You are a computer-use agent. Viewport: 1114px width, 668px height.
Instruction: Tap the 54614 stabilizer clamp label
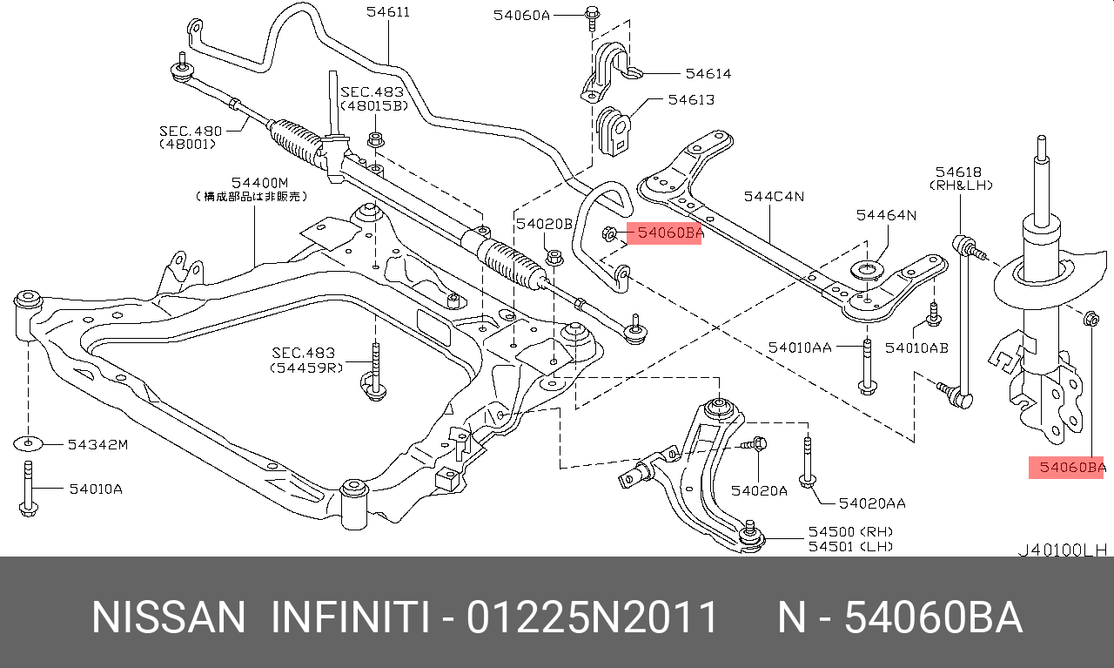pyautogui.click(x=708, y=74)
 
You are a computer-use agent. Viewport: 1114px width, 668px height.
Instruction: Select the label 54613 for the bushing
pyautogui.click(x=691, y=99)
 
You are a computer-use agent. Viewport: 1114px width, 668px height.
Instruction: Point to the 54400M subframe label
pyautogui.click(x=258, y=182)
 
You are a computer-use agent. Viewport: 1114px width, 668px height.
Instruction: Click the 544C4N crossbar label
pyautogui.click(x=774, y=197)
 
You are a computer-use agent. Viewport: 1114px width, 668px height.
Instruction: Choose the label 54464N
pyautogui.click(x=886, y=214)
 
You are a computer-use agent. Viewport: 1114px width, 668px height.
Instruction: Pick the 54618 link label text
pyautogui.click(x=958, y=172)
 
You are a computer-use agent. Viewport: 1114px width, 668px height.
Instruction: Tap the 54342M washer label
pyautogui.click(x=97, y=445)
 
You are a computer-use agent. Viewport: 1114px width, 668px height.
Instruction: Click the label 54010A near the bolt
pyautogui.click(x=96, y=489)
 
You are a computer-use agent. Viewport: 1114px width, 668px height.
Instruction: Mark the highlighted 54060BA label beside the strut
pyautogui.click(x=1067, y=468)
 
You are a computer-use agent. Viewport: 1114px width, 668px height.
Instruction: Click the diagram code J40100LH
pyautogui.click(x=1063, y=550)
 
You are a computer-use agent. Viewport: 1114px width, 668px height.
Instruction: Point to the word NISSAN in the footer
pyautogui.click(x=169, y=617)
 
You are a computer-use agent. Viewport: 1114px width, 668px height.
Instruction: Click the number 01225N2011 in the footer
pyautogui.click(x=592, y=617)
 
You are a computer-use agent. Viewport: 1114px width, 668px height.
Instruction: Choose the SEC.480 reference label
pyautogui.click(x=191, y=131)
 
